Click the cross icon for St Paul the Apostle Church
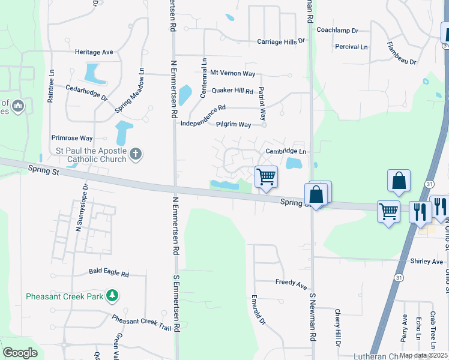tap(136, 154)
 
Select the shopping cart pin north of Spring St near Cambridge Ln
tap(266, 177)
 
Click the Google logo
tap(20, 353)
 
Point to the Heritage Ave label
tap(94, 52)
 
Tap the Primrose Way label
tap(72, 137)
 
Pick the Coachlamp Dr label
tap(337, 29)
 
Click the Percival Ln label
tap(351, 46)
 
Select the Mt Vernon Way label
tap(232, 73)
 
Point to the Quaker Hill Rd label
tap(232, 91)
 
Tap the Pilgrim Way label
tap(234, 124)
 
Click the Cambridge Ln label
tap(286, 152)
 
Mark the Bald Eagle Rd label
tap(109, 274)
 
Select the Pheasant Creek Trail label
tap(142, 325)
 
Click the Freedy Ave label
tap(291, 281)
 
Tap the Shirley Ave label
tap(427, 261)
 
